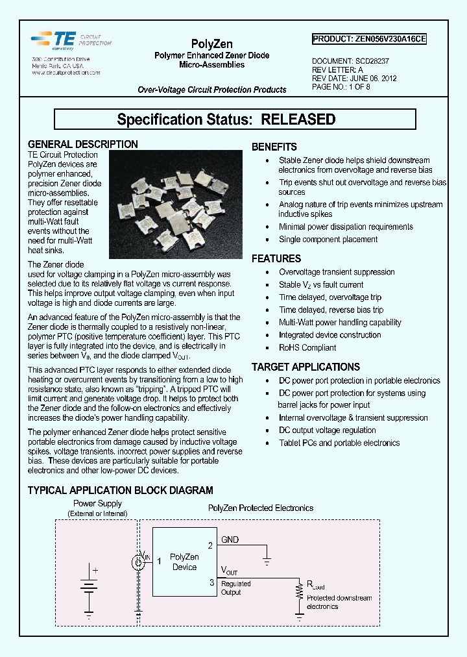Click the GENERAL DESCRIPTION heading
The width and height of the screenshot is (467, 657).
coord(82,144)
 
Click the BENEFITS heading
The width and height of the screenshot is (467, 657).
coord(274,147)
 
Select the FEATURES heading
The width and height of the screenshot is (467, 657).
coord(276,258)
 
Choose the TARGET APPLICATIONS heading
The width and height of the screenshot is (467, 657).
coord(305,367)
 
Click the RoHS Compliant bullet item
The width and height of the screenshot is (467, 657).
coord(308,347)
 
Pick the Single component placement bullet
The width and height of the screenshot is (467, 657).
coord(328,240)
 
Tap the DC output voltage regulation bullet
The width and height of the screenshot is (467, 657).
coord(327,430)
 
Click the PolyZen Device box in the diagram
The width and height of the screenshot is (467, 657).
coord(184,562)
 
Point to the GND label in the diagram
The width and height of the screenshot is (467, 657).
coord(230,539)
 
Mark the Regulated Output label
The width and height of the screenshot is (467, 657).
coord(235,588)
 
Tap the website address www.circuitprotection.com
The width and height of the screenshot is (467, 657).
coord(66,73)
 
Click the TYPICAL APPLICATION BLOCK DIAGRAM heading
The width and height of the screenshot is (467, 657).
coord(120,490)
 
